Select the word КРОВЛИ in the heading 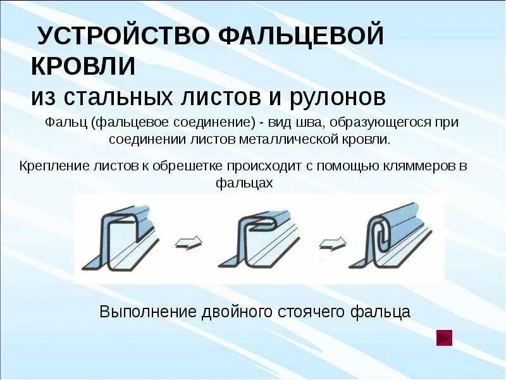(x=84, y=66)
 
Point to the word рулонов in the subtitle (x=340, y=98)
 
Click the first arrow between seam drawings (x=188, y=241)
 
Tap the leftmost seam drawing (x=123, y=237)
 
